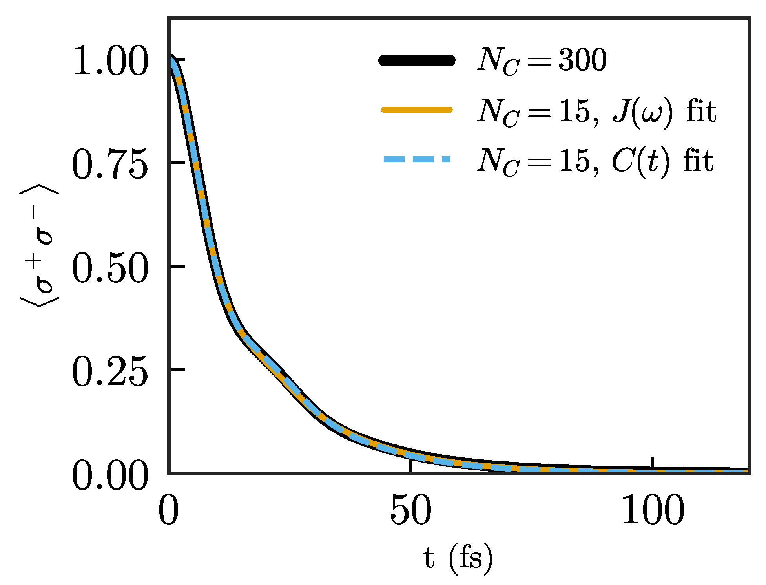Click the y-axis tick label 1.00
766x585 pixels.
click(110, 60)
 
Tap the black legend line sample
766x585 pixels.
click(417, 60)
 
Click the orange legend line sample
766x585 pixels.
click(417, 110)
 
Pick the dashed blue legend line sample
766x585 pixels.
click(417, 159)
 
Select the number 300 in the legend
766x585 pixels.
click(582, 60)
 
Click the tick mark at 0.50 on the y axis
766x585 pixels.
click(177, 266)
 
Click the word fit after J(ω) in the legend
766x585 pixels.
click(701, 112)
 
